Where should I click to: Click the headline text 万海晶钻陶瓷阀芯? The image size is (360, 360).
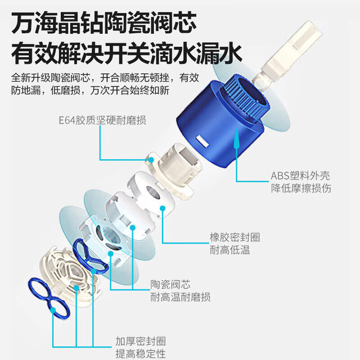[103, 23]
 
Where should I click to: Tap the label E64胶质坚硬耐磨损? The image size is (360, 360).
[102, 120]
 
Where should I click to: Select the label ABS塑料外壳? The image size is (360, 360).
[300, 176]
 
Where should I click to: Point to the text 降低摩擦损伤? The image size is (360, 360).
[301, 188]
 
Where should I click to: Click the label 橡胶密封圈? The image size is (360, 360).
[235, 237]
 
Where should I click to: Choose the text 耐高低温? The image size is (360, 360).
[230, 250]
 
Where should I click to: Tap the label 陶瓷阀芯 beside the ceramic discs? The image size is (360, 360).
[170, 285]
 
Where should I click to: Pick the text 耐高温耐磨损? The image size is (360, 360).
[181, 297]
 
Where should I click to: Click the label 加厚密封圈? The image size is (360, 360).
[141, 341]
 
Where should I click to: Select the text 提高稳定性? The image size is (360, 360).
[141, 354]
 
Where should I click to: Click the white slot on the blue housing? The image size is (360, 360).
[202, 141]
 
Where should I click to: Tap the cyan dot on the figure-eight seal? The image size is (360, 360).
[53, 310]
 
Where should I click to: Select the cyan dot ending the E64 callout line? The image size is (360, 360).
[151, 160]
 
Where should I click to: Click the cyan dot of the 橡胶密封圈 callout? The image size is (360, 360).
[163, 209]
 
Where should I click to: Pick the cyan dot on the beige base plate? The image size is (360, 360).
[76, 288]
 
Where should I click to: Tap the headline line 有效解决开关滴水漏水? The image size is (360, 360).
[126, 54]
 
